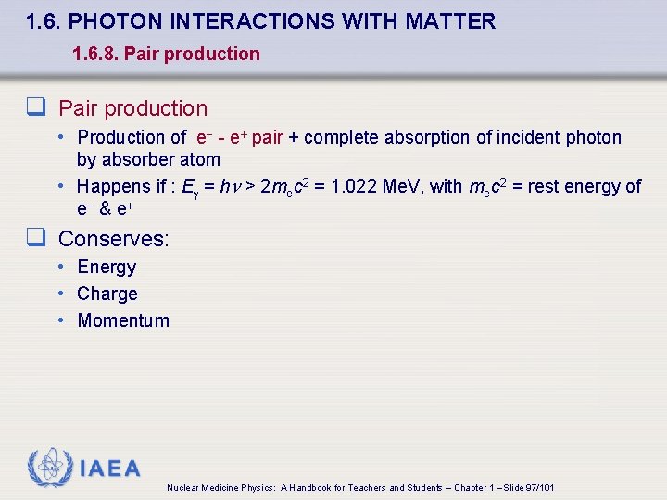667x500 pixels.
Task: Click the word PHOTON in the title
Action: (119, 21)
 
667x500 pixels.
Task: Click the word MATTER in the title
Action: (454, 21)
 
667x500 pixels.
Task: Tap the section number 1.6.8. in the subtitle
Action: (94, 54)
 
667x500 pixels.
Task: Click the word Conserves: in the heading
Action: (114, 239)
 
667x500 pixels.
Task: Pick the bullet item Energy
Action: (107, 268)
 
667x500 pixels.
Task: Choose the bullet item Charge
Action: (107, 294)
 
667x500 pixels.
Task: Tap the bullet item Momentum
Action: (123, 321)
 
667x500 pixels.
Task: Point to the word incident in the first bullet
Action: (528, 138)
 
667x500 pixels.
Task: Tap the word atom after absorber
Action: (200, 159)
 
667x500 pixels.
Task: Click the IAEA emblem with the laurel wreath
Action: (49, 468)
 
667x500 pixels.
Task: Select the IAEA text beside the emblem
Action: (110, 469)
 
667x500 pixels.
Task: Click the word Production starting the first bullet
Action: (120, 138)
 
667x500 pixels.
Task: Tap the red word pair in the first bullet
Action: (267, 138)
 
